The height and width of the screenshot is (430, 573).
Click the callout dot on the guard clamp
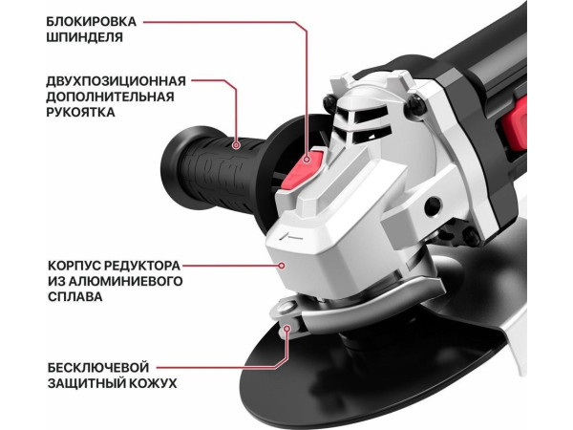[287, 328]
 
